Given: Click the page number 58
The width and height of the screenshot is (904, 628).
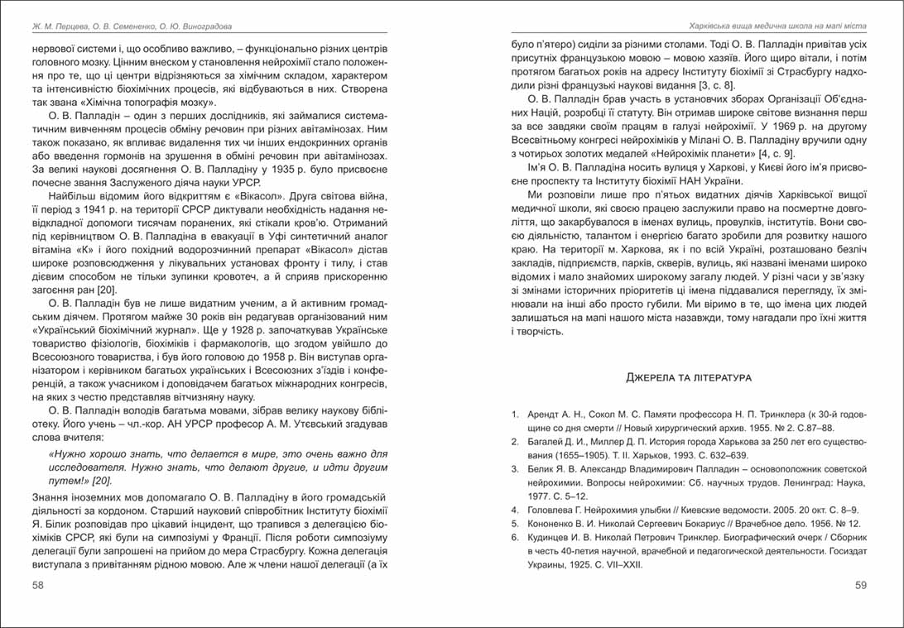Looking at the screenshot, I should point(37,585).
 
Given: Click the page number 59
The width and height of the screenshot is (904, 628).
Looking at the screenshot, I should point(860,585).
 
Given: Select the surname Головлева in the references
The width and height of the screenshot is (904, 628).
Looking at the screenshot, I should point(553,510).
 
